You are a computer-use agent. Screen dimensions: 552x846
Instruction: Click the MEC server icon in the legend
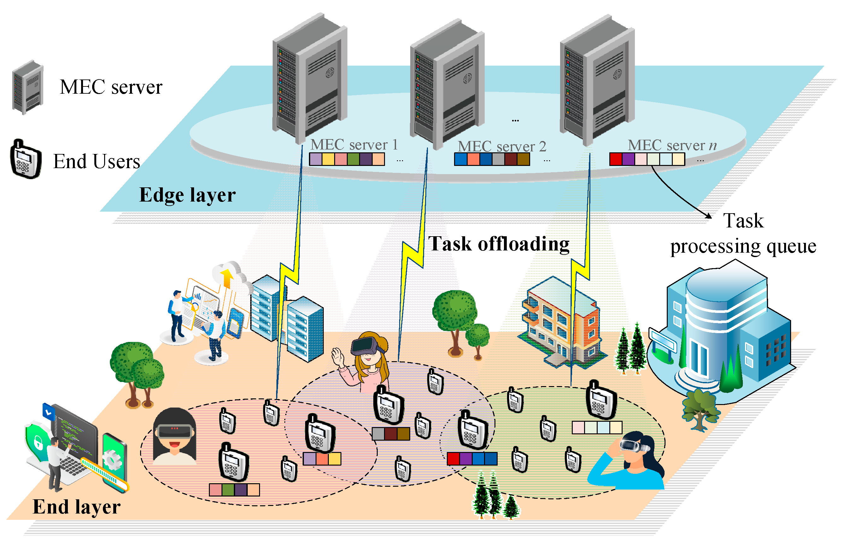(x=28, y=87)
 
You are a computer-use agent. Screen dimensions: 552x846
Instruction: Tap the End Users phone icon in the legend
(x=26, y=160)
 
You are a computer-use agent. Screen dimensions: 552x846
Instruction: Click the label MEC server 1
(x=354, y=144)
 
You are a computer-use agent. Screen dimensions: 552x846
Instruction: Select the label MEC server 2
(x=501, y=146)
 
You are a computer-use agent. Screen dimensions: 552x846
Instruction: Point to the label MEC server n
(x=672, y=145)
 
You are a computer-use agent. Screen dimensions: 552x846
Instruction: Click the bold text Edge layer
(x=187, y=195)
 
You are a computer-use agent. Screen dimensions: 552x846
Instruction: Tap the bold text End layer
(x=76, y=507)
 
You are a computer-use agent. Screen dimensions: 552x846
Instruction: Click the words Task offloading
(x=498, y=244)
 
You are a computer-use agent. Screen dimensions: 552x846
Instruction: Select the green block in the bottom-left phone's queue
(x=228, y=490)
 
